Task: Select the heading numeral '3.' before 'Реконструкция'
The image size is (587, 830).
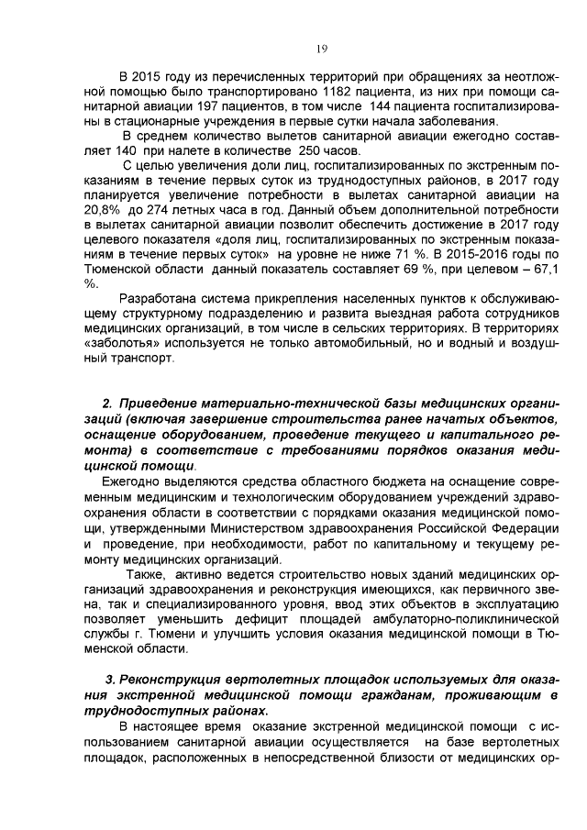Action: click(111, 680)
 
